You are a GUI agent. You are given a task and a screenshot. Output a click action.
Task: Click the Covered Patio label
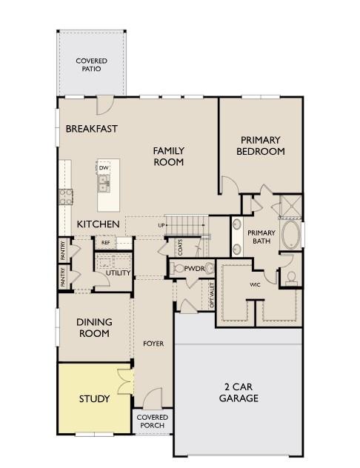pyautogui.click(x=91, y=64)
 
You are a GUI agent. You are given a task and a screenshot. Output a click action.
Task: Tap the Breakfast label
pyautogui.click(x=92, y=129)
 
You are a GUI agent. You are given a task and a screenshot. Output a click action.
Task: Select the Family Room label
pyautogui.click(x=169, y=156)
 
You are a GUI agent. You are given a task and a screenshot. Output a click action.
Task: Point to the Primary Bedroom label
pyautogui.click(x=260, y=145)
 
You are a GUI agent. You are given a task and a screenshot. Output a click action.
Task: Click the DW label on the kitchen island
pyautogui.click(x=104, y=168)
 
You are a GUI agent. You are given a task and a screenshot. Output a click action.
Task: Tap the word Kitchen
pyautogui.click(x=99, y=224)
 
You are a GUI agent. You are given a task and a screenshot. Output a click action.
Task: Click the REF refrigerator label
pyautogui.click(x=105, y=242)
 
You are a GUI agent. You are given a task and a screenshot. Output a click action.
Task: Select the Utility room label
pyautogui.click(x=119, y=273)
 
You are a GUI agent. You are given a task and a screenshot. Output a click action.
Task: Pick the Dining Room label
pyautogui.click(x=94, y=327)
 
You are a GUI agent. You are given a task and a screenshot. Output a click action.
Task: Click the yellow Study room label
pyautogui.click(x=94, y=398)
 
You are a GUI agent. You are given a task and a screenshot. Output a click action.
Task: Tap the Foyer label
pyautogui.click(x=153, y=344)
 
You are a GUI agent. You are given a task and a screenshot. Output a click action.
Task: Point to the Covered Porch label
pyautogui.click(x=152, y=421)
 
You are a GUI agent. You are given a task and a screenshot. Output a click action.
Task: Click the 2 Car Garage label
pyautogui.click(x=239, y=392)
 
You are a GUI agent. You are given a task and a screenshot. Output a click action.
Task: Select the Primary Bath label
pyautogui.click(x=261, y=237)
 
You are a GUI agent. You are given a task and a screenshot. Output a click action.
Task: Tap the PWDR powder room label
pyautogui.click(x=194, y=268)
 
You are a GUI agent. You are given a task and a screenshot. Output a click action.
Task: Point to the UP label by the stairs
pyautogui.click(x=161, y=224)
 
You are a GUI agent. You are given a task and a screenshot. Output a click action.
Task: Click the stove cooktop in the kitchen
pyautogui.click(x=65, y=195)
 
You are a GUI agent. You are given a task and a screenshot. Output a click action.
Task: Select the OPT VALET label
pyautogui.click(x=212, y=295)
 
